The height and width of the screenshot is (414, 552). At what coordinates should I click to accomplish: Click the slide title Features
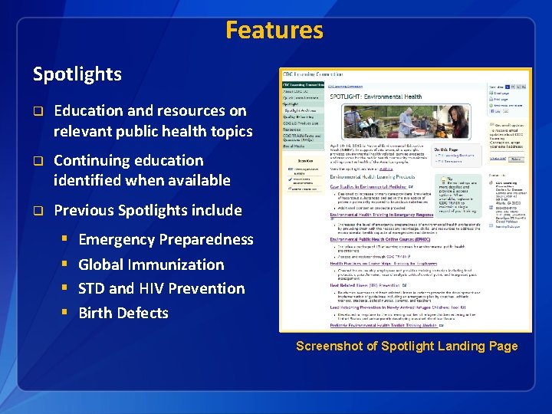tap(274, 31)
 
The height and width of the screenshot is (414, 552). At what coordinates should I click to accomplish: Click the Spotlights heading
tap(77, 74)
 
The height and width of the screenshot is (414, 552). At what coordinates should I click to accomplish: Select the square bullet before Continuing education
tap(36, 161)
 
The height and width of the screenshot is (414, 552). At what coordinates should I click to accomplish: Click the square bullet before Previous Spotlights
tap(36, 211)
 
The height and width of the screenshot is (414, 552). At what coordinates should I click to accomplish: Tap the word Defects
tap(144, 313)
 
